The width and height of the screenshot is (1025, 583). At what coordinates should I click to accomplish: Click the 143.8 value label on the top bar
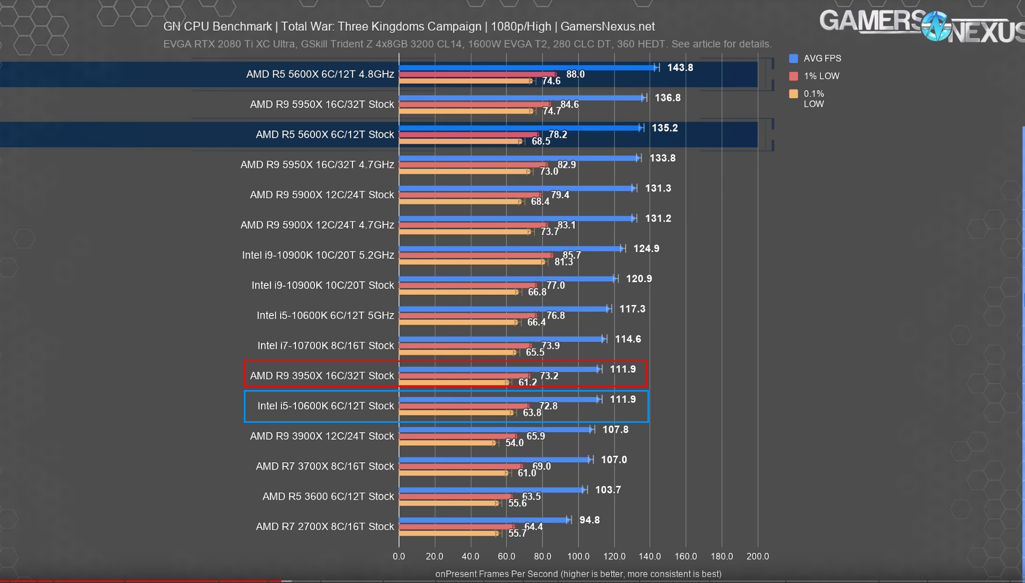[680, 68]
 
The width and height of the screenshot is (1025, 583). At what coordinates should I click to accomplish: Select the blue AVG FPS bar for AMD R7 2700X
[484, 520]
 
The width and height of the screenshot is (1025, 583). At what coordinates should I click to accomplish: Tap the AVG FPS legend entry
[822, 58]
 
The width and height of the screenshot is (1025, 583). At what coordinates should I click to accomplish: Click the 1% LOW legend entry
[821, 76]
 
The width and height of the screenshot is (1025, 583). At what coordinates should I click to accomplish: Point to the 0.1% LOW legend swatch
[794, 94]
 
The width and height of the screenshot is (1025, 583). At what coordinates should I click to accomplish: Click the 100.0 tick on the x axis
[578, 556]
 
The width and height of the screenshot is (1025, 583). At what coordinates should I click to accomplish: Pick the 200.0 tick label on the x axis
[757, 556]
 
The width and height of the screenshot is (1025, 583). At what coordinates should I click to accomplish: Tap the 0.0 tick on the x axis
[399, 556]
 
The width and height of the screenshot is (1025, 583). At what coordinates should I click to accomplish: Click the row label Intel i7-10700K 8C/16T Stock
[326, 345]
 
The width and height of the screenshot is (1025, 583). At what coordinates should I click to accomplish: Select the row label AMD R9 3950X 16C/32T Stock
[322, 375]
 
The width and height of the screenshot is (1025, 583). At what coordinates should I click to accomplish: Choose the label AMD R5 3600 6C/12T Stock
[328, 496]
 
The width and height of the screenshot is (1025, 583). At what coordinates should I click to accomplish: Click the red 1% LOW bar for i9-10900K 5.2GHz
[475, 255]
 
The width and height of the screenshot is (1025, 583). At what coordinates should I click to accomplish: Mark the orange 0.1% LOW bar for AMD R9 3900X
[447, 443]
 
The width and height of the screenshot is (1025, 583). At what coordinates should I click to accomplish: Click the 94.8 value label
[589, 520]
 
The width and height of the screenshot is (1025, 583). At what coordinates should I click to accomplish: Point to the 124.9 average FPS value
[646, 249]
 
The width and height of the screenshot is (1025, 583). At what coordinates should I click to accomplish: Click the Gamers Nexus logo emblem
[936, 26]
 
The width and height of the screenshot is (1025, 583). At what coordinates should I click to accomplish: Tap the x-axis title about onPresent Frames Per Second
[578, 574]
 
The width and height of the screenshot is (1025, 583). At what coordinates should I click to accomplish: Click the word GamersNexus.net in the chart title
[607, 27]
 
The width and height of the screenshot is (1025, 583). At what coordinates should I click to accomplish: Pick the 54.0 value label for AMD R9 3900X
[514, 443]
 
